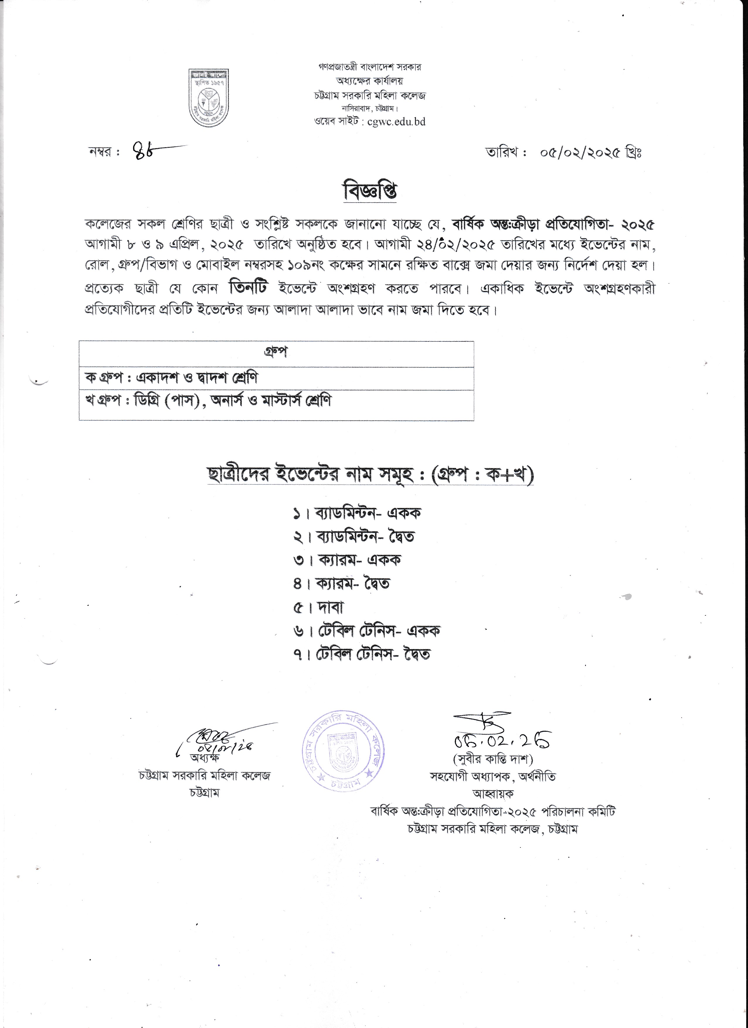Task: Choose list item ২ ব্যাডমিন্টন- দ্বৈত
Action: point(353,537)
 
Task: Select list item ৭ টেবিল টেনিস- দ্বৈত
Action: point(362,654)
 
